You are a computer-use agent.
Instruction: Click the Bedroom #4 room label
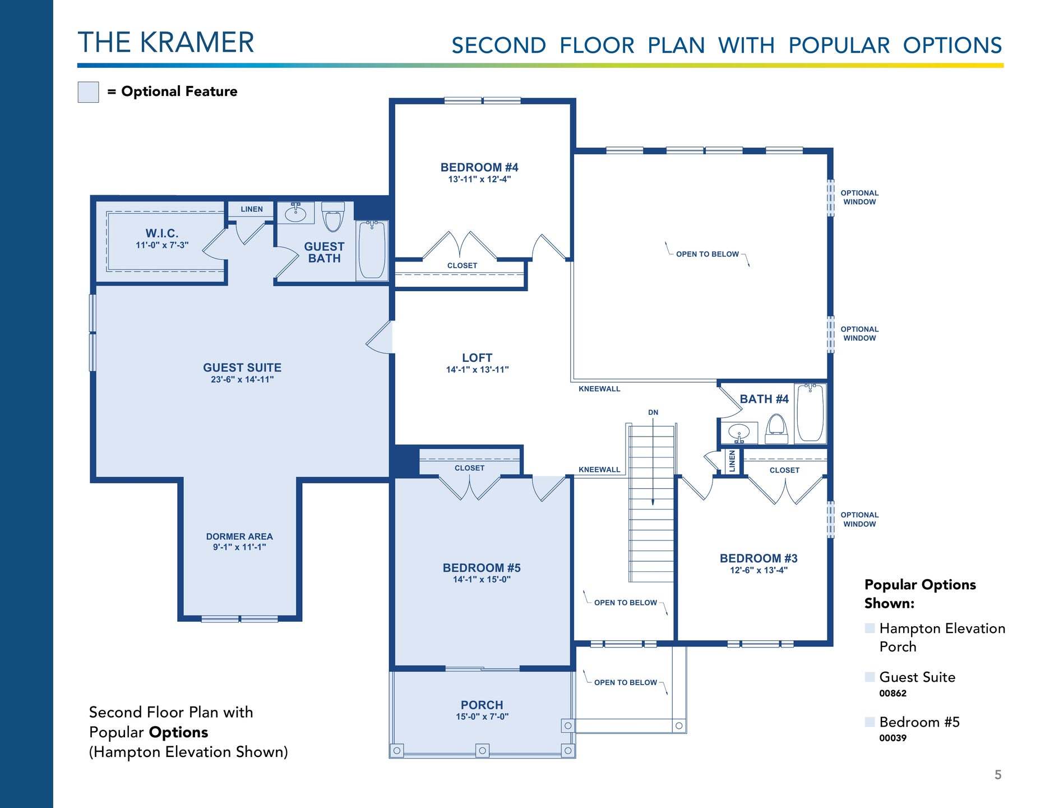click(479, 167)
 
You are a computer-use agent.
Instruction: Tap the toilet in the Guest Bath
click(333, 217)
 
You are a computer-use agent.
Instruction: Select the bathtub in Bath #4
click(810, 412)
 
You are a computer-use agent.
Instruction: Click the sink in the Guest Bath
click(295, 213)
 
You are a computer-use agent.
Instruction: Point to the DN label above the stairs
click(653, 412)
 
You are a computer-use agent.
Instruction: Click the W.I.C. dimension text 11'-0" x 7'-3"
click(162, 245)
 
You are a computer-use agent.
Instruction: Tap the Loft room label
click(477, 358)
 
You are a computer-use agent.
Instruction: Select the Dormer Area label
click(239, 537)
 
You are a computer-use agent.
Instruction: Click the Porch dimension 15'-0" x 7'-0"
click(482, 717)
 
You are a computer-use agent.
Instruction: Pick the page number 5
click(998, 775)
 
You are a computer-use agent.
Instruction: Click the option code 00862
click(893, 694)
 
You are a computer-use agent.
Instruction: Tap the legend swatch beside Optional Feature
click(88, 92)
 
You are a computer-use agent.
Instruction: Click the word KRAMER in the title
click(197, 43)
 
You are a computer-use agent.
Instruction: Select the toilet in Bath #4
click(776, 429)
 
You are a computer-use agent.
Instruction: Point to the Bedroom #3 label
click(759, 558)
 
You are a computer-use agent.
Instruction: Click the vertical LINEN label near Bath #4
click(732, 461)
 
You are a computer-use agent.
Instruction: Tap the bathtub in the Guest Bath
click(372, 250)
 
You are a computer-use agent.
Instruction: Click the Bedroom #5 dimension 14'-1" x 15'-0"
click(482, 580)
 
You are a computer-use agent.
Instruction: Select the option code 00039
click(893, 738)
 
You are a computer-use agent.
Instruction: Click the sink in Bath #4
click(739, 433)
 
